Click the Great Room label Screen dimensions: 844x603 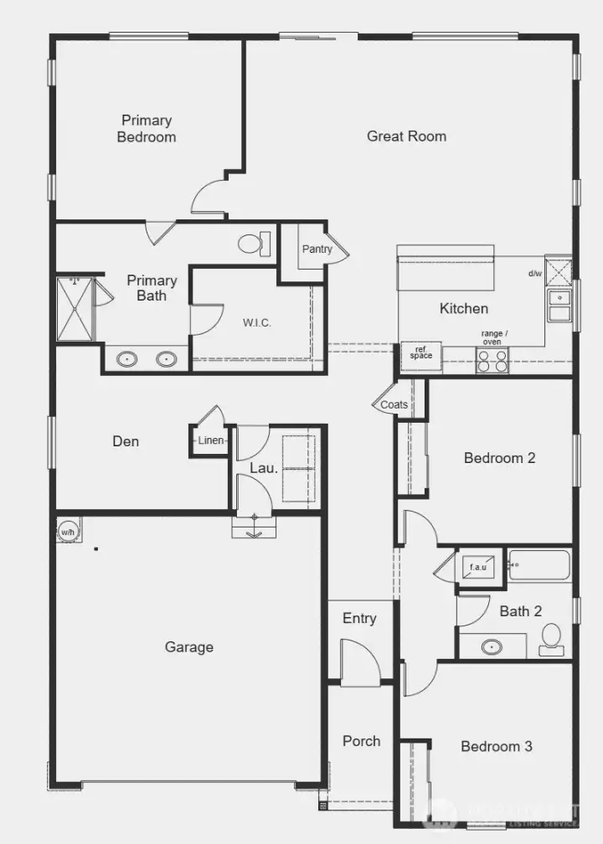tap(406, 136)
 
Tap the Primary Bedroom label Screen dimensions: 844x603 tap(147, 129)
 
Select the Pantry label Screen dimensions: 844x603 tap(317, 249)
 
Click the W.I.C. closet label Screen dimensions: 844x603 tap(257, 322)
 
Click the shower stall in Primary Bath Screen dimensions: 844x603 tap(75, 309)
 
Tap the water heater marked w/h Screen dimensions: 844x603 tap(68, 530)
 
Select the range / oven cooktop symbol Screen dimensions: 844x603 tap(492, 361)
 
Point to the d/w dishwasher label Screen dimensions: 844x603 tap(534, 274)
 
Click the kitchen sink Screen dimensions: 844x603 tap(559, 306)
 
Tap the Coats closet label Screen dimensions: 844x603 tap(394, 404)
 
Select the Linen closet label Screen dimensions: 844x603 tap(210, 440)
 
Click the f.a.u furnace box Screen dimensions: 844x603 tap(477, 568)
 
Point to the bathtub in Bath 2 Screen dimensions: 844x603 tap(539, 565)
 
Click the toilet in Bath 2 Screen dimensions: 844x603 tap(551, 638)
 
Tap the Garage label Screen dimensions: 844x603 tap(188, 646)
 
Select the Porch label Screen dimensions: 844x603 tap(361, 741)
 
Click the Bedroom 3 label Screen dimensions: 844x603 tap(496, 746)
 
